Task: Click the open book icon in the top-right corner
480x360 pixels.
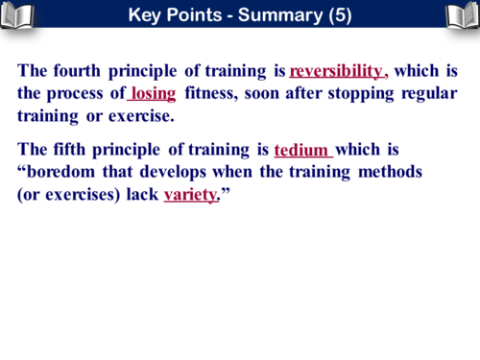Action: point(462,14)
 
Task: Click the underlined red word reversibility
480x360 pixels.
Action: point(336,71)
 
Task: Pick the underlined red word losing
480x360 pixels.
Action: point(153,94)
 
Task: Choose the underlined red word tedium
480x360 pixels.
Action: point(301,151)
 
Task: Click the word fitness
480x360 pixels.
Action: point(211,94)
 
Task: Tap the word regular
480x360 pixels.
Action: point(424,94)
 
